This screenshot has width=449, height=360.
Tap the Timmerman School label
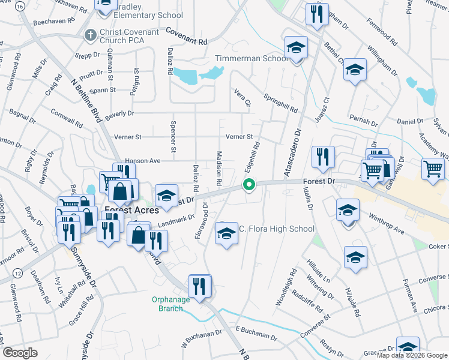click(252, 59)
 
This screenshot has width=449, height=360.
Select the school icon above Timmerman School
click(295, 47)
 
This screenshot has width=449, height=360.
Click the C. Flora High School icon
click(226, 233)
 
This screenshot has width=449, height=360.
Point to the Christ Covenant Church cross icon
click(91, 35)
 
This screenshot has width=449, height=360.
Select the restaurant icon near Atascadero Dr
click(323, 157)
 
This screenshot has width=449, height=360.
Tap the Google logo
click(20, 352)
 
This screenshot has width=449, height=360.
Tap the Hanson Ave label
click(142, 161)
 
